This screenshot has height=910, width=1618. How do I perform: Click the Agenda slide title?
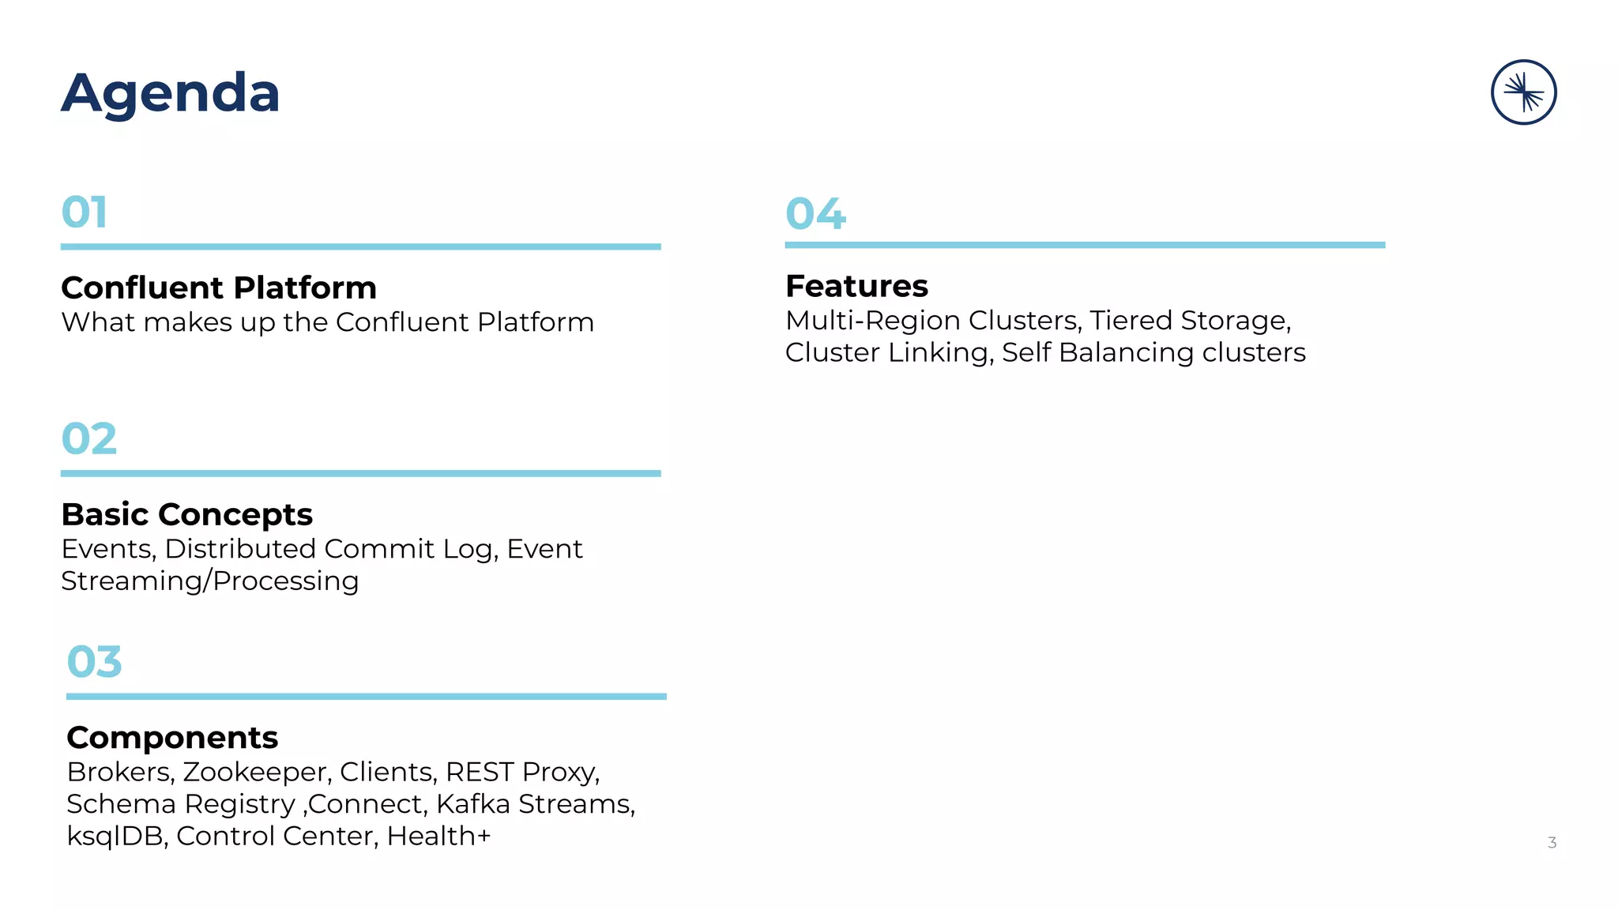(x=171, y=93)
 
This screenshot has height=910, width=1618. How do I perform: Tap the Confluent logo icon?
(x=1523, y=92)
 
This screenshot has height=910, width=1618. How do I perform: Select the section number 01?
(x=85, y=212)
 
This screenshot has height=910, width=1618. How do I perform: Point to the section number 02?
(x=89, y=439)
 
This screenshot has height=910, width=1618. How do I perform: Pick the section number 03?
(x=95, y=662)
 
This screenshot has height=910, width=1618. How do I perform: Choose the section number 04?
(x=815, y=214)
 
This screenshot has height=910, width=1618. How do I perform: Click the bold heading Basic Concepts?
(x=187, y=514)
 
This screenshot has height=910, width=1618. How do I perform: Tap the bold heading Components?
(x=172, y=738)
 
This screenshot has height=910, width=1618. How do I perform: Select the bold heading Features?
(x=856, y=286)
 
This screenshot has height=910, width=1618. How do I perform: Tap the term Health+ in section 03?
(x=438, y=836)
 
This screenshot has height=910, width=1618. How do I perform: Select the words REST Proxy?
(x=521, y=772)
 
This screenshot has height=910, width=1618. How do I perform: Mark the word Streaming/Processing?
(x=210, y=581)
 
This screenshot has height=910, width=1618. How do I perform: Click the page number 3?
(x=1552, y=843)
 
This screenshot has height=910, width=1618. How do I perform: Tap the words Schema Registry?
(x=180, y=804)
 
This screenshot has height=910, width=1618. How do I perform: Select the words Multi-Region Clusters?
(x=932, y=321)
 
